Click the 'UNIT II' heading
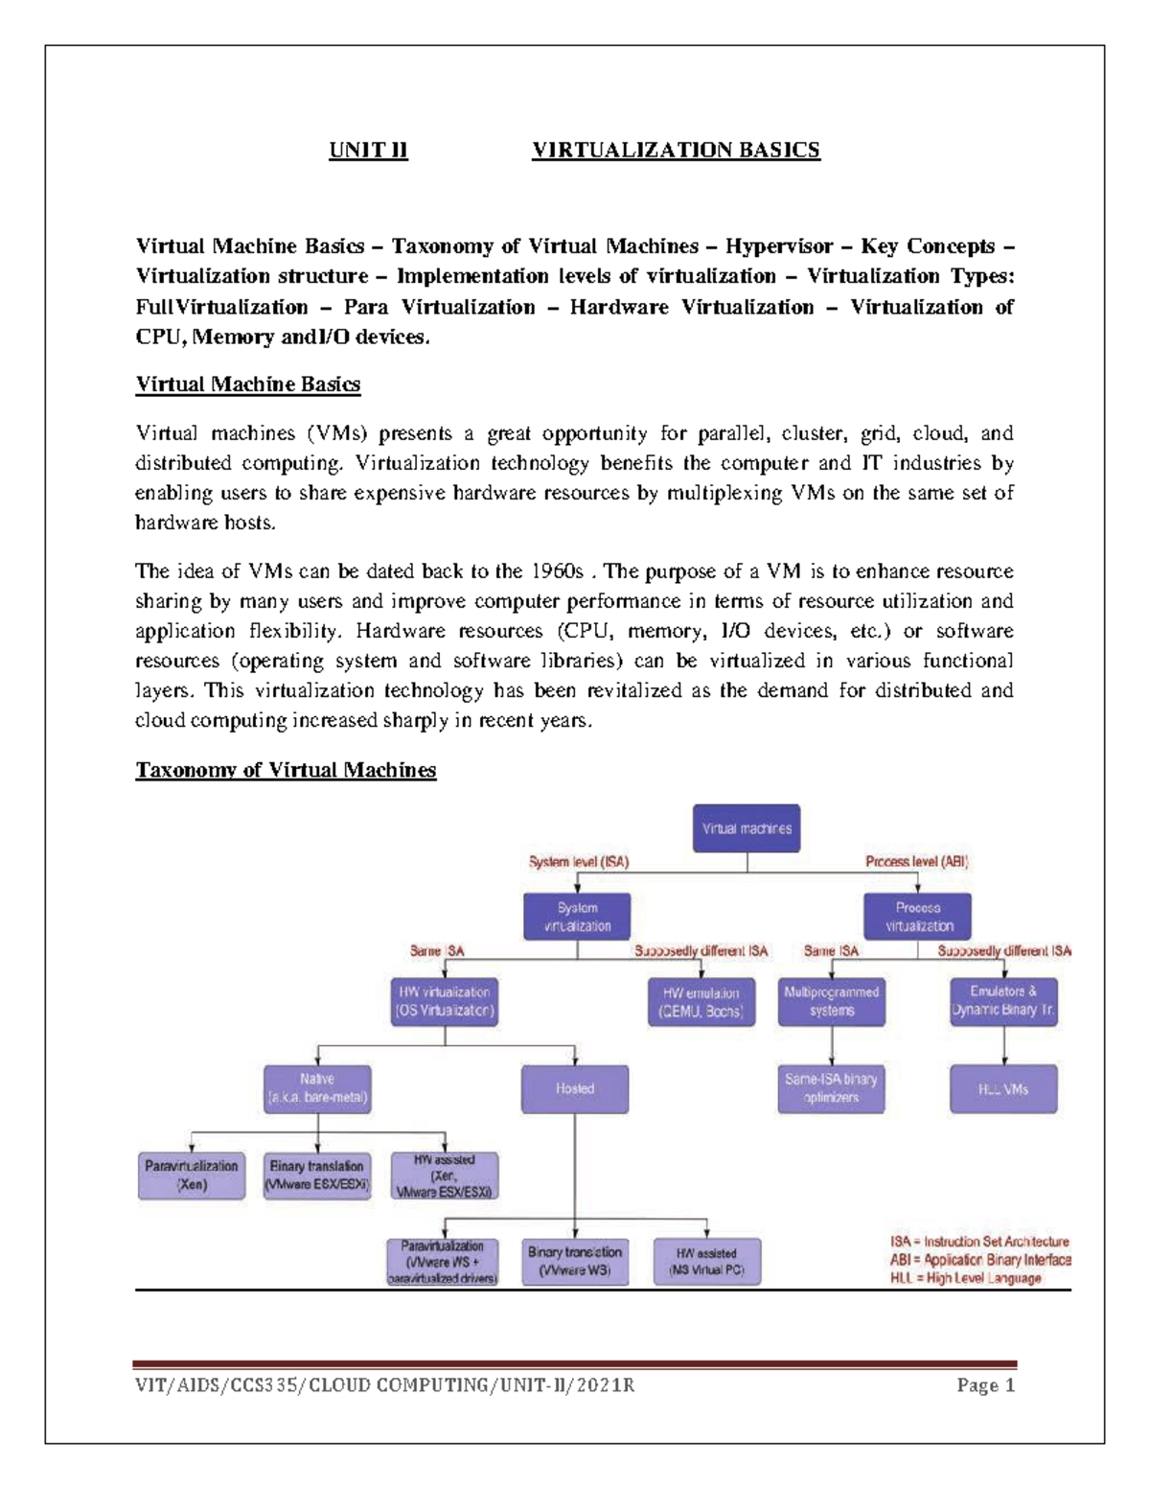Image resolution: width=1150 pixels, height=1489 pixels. click(368, 151)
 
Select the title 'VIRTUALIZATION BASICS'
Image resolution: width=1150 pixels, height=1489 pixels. click(676, 151)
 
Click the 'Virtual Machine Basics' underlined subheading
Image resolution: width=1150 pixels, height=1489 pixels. click(247, 384)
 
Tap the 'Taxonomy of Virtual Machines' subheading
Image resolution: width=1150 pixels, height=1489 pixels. click(286, 770)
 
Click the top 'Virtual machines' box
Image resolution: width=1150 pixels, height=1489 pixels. click(747, 828)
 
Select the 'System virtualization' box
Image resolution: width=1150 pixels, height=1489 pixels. click(577, 917)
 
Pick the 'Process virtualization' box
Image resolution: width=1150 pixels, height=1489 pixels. click(918, 917)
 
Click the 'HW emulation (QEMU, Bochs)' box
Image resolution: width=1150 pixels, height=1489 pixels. click(701, 1002)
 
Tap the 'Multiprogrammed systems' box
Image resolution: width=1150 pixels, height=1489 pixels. click(831, 1002)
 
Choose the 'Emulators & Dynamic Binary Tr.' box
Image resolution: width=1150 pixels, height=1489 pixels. click(1003, 1001)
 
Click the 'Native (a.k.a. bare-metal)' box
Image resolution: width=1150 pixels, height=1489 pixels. click(317, 1088)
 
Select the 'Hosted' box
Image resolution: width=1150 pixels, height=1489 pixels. click(575, 1089)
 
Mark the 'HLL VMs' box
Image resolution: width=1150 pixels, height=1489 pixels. click(1003, 1089)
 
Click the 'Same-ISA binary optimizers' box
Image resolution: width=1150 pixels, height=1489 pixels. click(831, 1088)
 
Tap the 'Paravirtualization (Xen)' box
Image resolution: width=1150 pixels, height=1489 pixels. click(192, 1175)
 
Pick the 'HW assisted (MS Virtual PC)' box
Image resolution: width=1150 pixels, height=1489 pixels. click(706, 1262)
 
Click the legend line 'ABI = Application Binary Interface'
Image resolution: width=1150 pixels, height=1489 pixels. click(979, 1260)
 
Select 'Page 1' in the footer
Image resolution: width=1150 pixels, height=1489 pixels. click(985, 1386)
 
